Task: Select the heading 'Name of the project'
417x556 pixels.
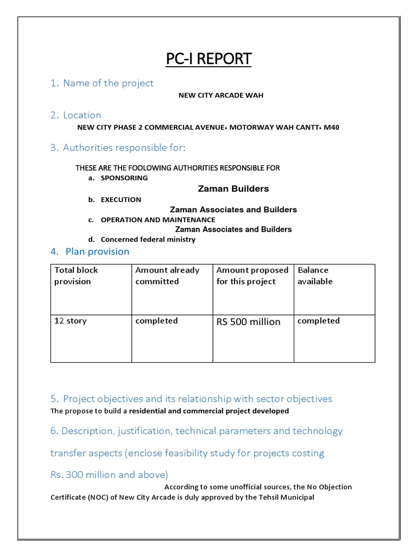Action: point(108,83)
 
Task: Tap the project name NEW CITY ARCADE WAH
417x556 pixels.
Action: point(221,96)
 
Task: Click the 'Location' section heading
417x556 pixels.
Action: point(82,115)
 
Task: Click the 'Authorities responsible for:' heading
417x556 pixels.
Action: point(124,148)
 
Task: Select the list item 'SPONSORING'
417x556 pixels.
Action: point(124,178)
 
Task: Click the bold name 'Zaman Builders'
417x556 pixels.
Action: point(233,189)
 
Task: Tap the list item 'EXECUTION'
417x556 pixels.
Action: point(121,199)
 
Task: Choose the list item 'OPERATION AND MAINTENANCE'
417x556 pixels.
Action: point(158,220)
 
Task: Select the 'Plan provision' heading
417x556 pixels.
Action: point(97,251)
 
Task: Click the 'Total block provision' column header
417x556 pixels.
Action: point(76,276)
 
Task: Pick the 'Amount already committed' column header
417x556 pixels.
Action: point(167,276)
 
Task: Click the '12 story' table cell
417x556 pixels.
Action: point(71,321)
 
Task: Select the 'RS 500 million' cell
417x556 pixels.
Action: point(248,322)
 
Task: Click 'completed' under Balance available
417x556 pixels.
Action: point(319,321)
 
